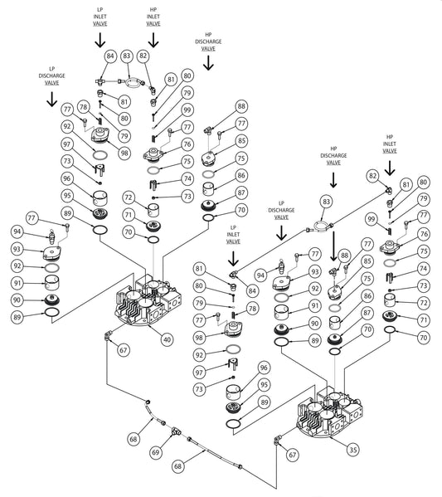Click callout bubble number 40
[x=167, y=340]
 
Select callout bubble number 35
[x=353, y=450]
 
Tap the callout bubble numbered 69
[x=156, y=452]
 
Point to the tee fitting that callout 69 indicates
[x=176, y=431]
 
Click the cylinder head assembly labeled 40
[x=148, y=300]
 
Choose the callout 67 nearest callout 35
[x=293, y=456]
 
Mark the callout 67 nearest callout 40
[x=124, y=350]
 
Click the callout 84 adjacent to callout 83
[x=109, y=56]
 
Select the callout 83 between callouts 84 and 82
[x=127, y=56]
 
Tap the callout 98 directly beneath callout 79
[x=124, y=153]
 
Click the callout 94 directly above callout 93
[x=17, y=232]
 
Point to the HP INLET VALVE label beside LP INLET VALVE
[x=153, y=17]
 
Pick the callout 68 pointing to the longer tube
[x=178, y=466]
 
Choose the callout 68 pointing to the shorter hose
[x=134, y=439]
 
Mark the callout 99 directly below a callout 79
[x=187, y=110]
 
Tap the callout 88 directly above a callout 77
[x=241, y=106]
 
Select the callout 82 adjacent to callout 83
[x=143, y=56]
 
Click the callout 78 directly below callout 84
[x=253, y=308]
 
